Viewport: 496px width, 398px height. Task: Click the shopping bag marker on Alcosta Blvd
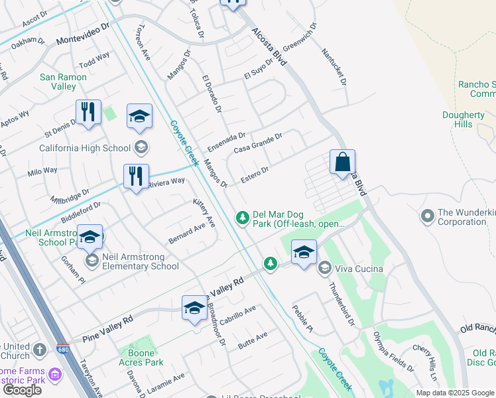pyautogui.click(x=342, y=163)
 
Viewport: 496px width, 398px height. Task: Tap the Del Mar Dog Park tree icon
pyautogui.click(x=243, y=217)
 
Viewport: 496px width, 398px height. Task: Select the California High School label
pyautogui.click(x=87, y=147)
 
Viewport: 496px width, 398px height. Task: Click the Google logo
pyautogui.click(x=22, y=390)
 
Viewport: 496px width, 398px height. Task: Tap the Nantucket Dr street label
pyautogui.click(x=334, y=66)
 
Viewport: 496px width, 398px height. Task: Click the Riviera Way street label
pyautogui.click(x=166, y=182)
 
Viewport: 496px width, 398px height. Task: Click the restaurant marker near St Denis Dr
pyautogui.click(x=88, y=113)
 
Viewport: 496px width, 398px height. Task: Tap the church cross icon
pyautogui.click(x=40, y=349)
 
